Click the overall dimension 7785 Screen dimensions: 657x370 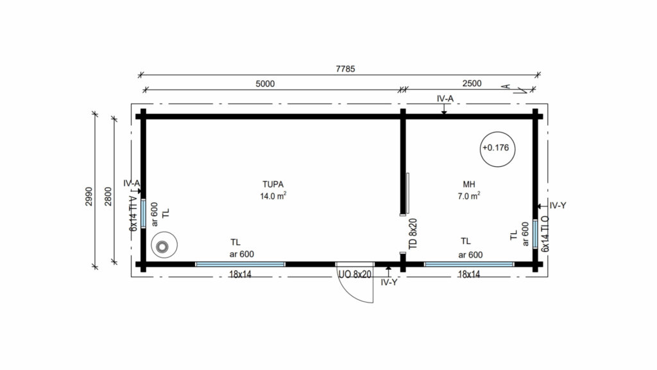pyautogui.click(x=345, y=69)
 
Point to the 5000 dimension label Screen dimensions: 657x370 pyautogui.click(x=265, y=84)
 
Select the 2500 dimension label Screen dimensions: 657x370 pyautogui.click(x=472, y=84)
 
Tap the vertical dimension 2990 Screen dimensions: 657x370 pyautogui.click(x=89, y=197)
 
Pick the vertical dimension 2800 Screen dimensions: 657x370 pyautogui.click(x=108, y=197)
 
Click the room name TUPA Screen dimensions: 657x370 pyautogui.click(x=273, y=184)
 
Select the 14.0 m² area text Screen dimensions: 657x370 pyautogui.click(x=273, y=196)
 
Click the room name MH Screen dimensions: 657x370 pyautogui.click(x=469, y=184)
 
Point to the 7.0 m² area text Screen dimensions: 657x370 pyautogui.click(x=469, y=196)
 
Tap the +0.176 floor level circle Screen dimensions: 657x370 pyautogui.click(x=497, y=149)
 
